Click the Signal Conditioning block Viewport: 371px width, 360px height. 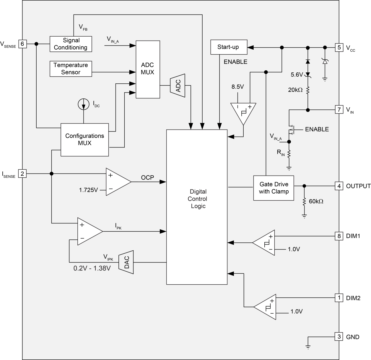coord(71,44)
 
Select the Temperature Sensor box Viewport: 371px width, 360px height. coord(71,69)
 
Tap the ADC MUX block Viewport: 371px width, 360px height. coord(147,69)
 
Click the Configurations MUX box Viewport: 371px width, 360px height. coord(84,140)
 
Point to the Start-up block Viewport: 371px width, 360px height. coord(228,47)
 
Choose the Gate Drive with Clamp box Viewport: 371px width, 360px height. coord(274,188)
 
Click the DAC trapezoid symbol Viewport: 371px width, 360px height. coord(126,262)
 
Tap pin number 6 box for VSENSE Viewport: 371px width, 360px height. coord(22,44)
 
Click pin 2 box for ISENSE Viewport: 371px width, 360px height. coord(22,173)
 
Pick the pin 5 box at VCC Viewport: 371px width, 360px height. coord(339,47)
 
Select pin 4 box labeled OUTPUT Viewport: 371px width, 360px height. coord(339,186)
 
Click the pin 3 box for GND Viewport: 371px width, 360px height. coord(339,337)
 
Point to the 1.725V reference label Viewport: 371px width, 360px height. coord(88,190)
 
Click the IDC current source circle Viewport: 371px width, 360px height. coord(84,104)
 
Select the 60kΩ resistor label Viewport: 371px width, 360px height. coord(316,201)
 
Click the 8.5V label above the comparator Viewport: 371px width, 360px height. coord(237,87)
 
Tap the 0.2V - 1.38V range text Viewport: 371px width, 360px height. coord(92,268)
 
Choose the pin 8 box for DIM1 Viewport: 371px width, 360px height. coord(339,236)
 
